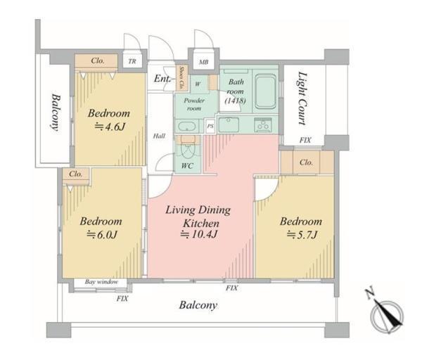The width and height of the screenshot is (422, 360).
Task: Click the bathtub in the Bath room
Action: click(265, 91)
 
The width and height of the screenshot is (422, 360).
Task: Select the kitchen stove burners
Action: click(262, 125)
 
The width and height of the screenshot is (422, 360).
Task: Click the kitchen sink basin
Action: click(229, 125)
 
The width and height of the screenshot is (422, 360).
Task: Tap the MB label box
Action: click(203, 62)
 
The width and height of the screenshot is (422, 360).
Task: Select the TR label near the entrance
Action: click(132, 61)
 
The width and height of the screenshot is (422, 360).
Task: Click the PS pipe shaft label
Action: click(210, 125)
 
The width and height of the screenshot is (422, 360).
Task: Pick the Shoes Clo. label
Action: click(181, 78)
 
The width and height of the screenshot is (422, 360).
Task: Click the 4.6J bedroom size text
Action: click(110, 127)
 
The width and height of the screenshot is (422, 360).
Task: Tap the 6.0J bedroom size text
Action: click(102, 235)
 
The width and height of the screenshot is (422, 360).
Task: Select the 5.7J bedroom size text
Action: click(302, 235)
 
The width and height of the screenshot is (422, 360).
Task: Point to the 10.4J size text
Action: click(199, 234)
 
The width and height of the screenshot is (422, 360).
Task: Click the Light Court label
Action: click(302, 98)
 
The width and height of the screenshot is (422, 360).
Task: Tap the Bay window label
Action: click(101, 282)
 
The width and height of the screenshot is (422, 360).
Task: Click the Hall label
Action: click(159, 136)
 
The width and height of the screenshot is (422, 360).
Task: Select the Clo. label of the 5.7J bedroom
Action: click(306, 162)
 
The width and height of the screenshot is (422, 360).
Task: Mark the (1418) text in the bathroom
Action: click(235, 101)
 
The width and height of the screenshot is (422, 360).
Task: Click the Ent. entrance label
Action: click(162, 79)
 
